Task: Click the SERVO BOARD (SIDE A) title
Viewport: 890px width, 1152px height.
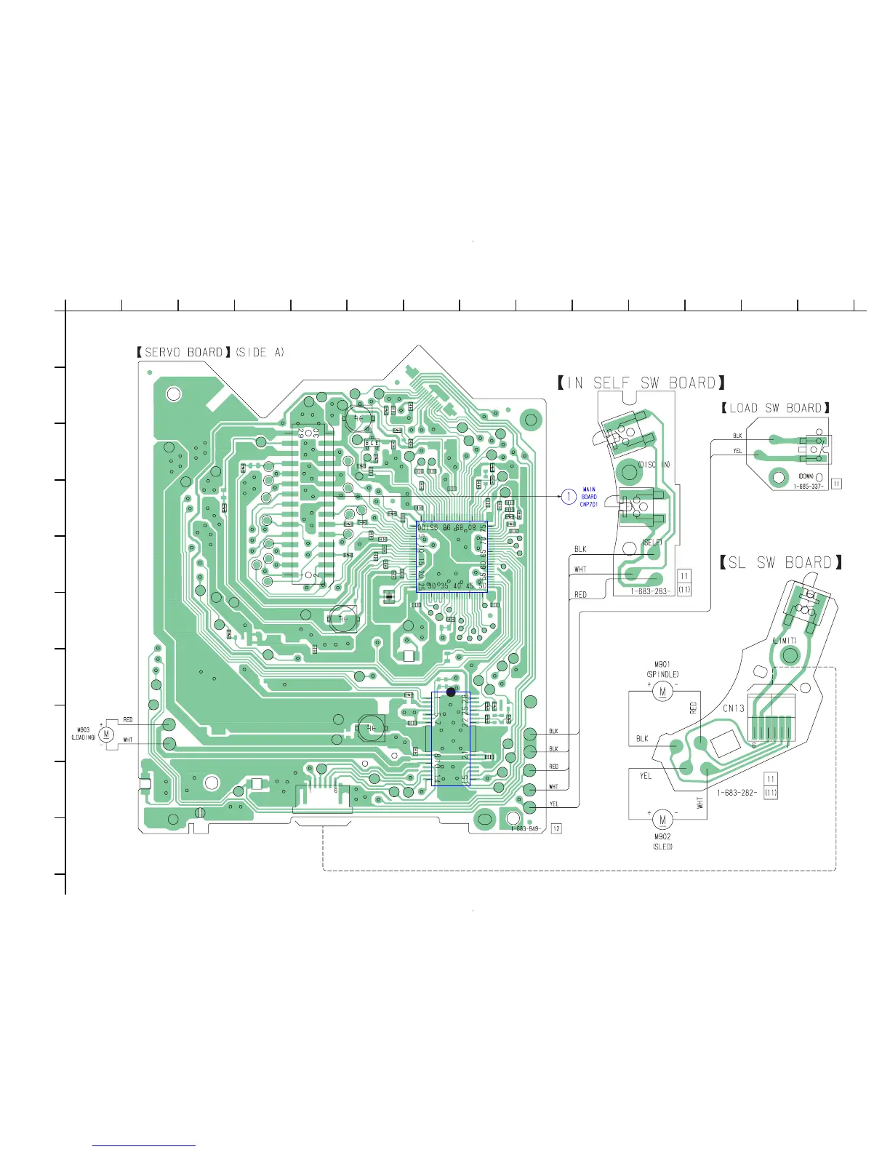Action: coord(211,353)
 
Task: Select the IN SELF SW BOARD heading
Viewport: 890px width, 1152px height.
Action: coord(641,383)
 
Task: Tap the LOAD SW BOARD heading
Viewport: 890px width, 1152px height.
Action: coord(775,409)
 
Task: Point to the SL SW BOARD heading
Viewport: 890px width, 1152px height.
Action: coord(781,563)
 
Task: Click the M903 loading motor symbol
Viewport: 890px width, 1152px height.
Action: coord(107,734)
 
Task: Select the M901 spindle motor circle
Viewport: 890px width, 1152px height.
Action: coord(662,691)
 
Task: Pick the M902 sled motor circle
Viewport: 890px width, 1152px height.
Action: coord(662,820)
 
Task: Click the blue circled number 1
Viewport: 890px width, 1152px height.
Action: coord(569,497)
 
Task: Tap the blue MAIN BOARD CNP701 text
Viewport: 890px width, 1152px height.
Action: coord(589,497)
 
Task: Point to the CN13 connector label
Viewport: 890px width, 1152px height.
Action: coord(733,708)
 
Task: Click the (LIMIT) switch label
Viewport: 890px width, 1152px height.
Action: coord(785,641)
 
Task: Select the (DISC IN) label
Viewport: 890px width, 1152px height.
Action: coord(654,464)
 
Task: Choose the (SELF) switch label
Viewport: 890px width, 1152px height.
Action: coord(652,543)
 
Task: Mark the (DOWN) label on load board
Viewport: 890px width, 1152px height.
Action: coord(806,476)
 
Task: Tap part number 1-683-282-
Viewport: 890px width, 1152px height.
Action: coord(737,793)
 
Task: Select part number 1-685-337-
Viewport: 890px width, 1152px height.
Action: coord(809,486)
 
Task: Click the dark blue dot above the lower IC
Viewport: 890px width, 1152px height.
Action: coord(451,692)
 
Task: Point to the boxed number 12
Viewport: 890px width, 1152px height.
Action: coord(557,828)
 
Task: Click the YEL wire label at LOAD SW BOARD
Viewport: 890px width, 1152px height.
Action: coord(737,451)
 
